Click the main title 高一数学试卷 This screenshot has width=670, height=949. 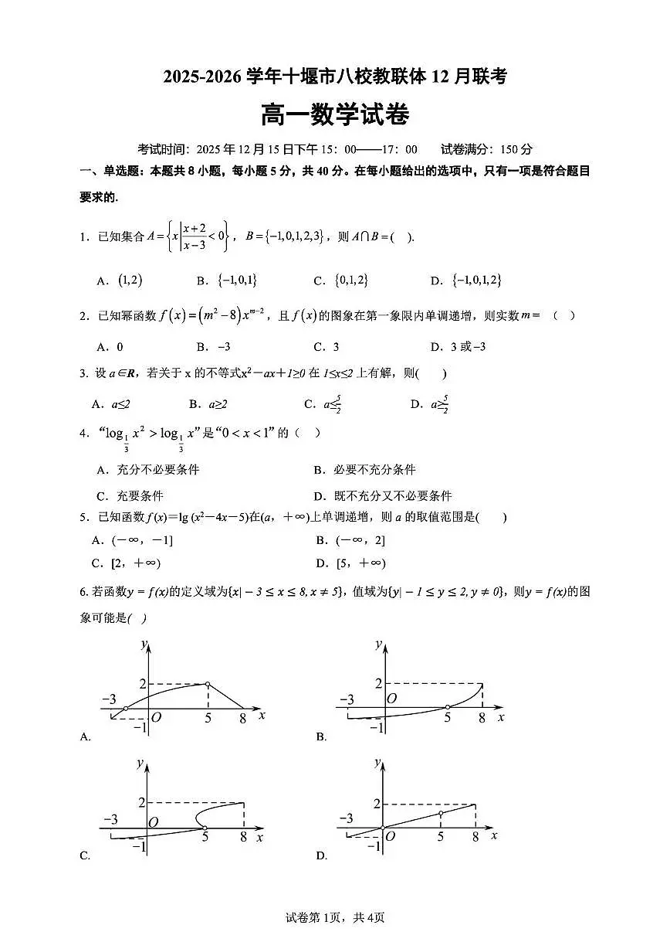334,116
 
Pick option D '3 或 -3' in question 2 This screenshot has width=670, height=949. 465,347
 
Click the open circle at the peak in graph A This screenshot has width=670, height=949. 208,684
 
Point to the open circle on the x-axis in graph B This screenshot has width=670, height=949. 448,707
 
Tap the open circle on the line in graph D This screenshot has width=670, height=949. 441,813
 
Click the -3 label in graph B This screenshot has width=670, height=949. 347,700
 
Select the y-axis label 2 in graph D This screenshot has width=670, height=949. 376,804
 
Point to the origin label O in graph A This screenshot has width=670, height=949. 156,718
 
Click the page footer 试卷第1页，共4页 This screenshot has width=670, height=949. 335,917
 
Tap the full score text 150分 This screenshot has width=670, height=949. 516,149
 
